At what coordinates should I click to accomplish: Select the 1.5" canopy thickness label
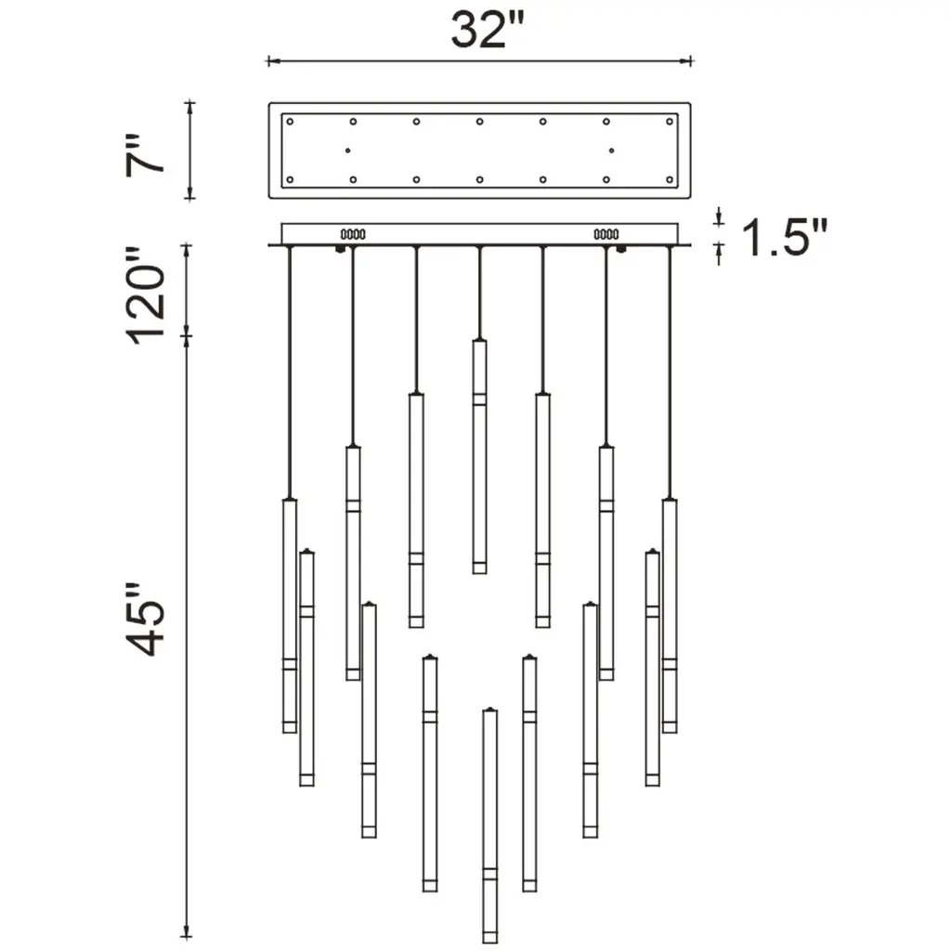click(x=784, y=237)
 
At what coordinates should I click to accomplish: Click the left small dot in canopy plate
click(x=347, y=150)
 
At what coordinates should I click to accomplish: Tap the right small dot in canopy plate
click(x=611, y=150)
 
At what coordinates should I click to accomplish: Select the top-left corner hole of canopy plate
click(x=290, y=122)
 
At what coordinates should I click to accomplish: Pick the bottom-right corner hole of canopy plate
click(x=670, y=179)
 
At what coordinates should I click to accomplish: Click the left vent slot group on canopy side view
click(x=353, y=234)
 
